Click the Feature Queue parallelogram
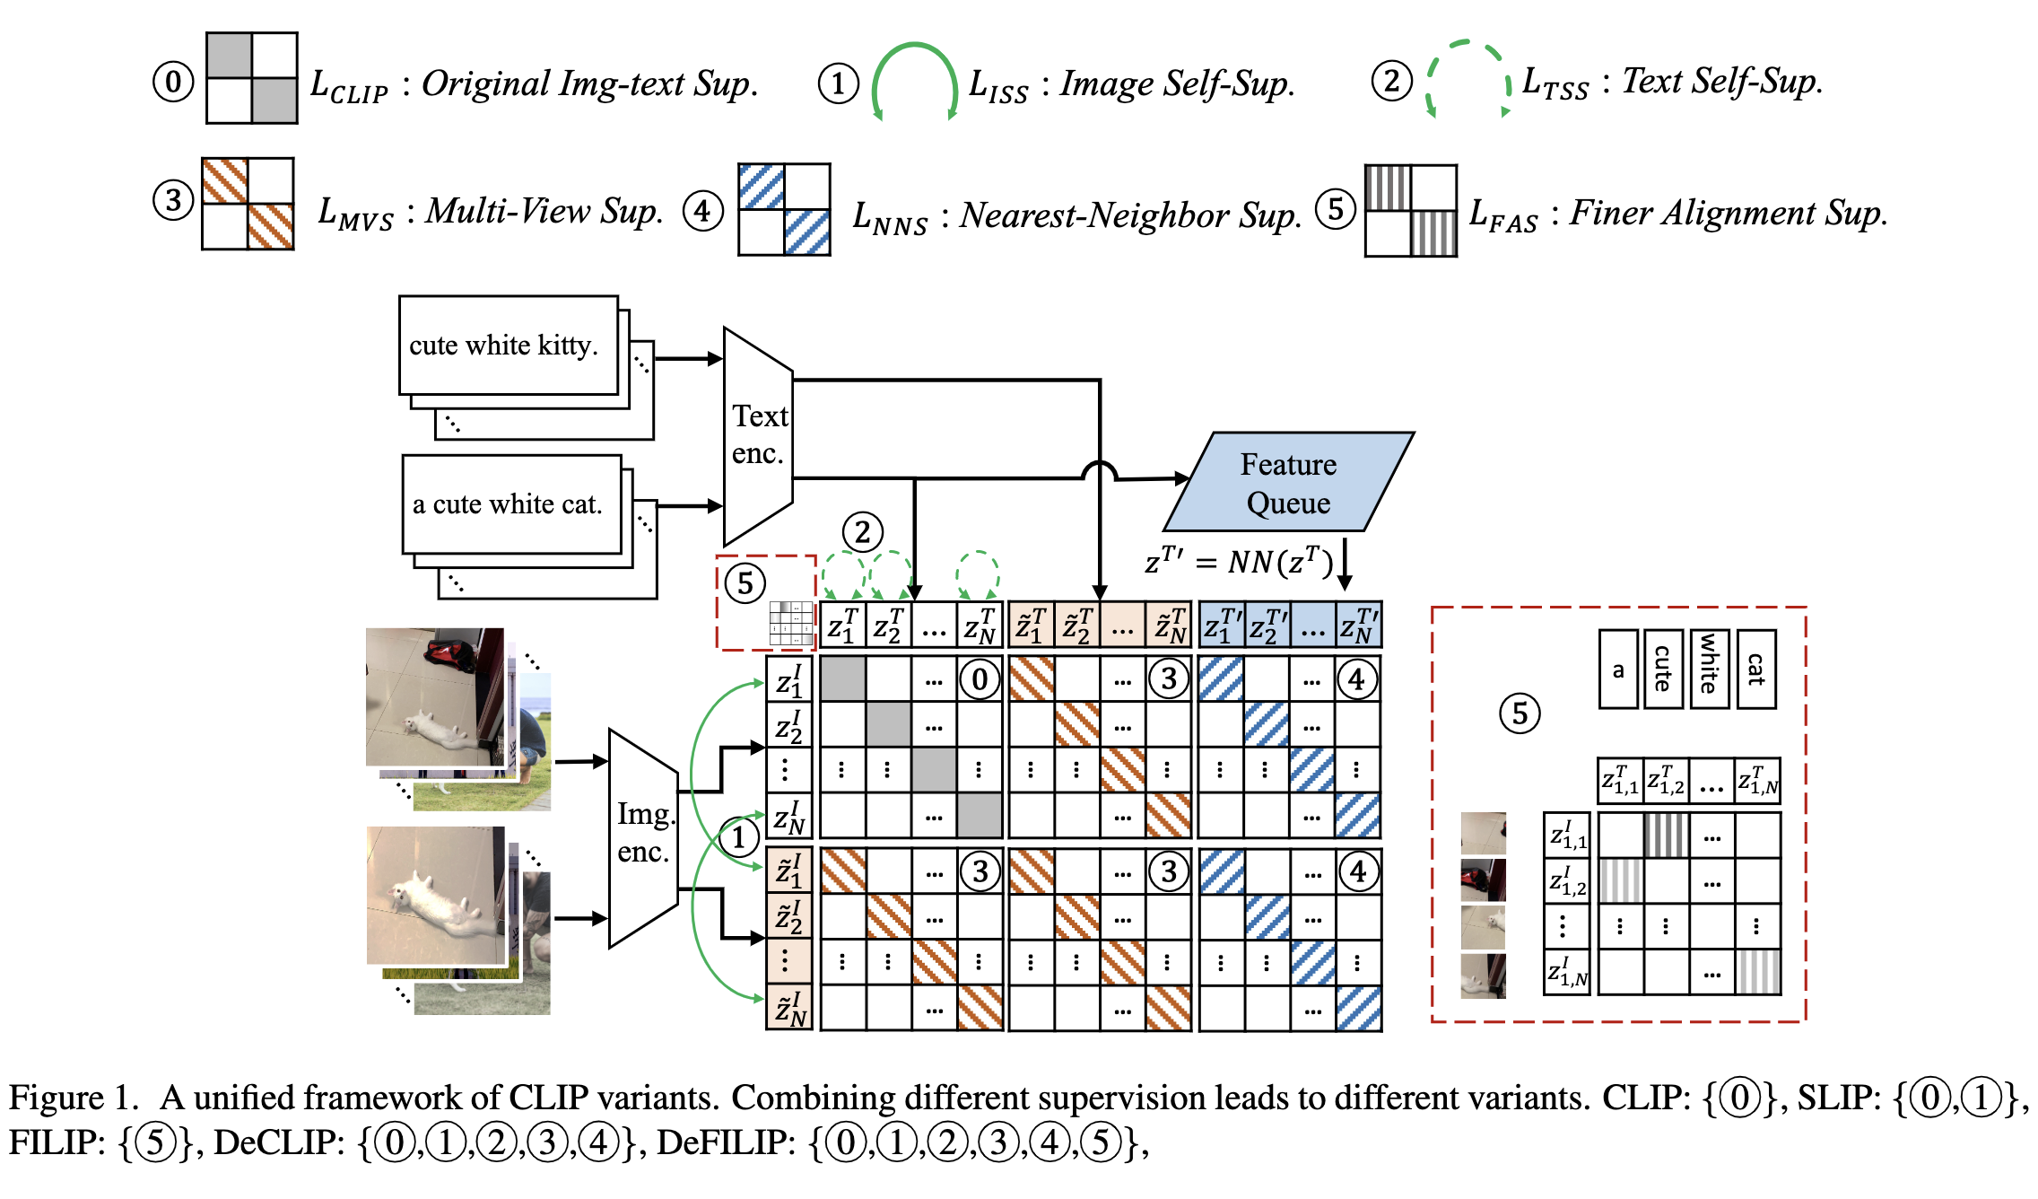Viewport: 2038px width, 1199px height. [1288, 483]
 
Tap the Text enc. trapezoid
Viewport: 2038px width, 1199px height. [758, 436]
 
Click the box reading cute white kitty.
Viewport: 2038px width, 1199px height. [508, 346]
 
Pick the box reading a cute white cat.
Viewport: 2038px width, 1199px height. [511, 504]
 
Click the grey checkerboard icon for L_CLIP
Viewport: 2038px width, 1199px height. [251, 78]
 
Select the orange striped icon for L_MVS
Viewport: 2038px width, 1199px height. [248, 204]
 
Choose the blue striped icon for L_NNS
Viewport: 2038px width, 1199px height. [783, 209]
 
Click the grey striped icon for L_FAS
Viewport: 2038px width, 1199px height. [1410, 211]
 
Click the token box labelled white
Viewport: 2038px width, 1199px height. [1709, 669]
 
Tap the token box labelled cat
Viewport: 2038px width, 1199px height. [1755, 669]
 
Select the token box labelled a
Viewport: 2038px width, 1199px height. [1618, 670]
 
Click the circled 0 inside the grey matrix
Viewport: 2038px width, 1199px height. [980, 679]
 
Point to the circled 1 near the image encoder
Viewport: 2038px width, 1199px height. [738, 837]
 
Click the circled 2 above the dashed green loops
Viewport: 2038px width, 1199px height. [862, 532]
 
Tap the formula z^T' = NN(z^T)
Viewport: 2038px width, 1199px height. [1238, 562]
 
